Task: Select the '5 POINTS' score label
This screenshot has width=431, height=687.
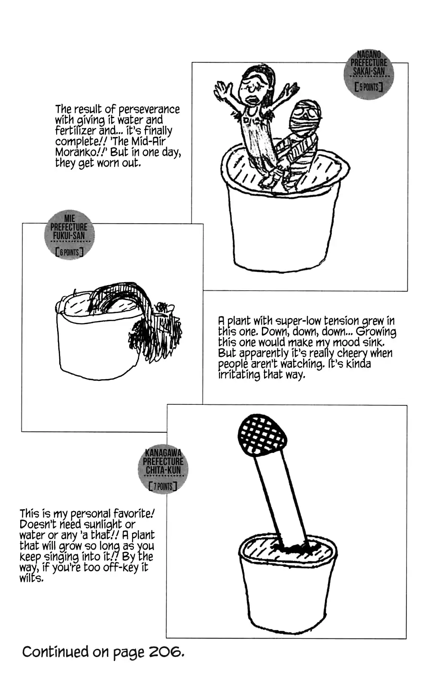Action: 369,88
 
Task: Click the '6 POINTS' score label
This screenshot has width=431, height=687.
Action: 69,252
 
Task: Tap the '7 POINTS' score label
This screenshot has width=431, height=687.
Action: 163,486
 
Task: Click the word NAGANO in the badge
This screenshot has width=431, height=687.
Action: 369,55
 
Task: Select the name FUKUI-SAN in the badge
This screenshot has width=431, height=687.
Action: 69,236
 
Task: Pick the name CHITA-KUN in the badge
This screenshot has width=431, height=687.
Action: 163,470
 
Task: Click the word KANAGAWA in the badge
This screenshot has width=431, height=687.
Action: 163,453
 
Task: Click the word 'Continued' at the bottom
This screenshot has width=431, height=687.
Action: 55,652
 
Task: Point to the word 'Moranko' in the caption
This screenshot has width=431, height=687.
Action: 76,152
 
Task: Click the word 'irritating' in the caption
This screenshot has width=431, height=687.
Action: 239,374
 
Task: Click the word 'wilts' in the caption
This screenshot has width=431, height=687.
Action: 30,578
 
